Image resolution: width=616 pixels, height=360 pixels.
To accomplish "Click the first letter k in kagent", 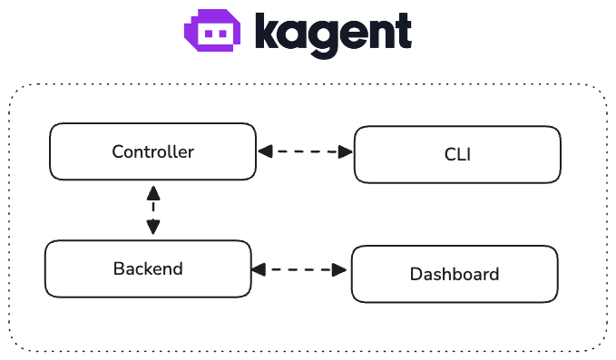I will coord(267,31).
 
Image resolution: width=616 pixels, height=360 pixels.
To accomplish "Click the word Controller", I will coord(152,151).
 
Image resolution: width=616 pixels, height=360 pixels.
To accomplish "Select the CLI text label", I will coord(457,155).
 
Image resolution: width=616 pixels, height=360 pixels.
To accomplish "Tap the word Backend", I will coord(148,268).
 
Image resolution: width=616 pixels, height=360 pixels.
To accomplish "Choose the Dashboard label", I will coord(455,274).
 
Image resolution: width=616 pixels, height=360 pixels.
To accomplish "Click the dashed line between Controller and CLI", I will coord(305,152).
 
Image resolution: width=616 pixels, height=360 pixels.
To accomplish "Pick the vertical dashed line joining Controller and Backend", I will coord(153,211).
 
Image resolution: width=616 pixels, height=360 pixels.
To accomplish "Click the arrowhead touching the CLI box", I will coord(345,152).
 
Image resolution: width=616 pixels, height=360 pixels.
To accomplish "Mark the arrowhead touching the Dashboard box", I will coord(342,269).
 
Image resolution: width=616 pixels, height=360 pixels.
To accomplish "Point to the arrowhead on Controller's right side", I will coord(264,152).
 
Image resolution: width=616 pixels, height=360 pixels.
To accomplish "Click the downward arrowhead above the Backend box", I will coord(153,229).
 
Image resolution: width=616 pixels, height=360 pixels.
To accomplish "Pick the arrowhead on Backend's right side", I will coord(259,269).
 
